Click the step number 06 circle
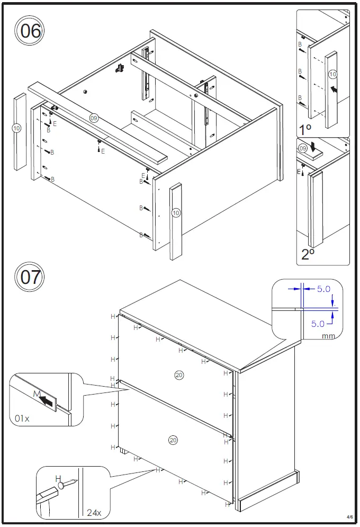(30, 31)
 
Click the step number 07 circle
(30, 277)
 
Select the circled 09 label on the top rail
(94, 118)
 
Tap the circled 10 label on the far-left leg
(16, 128)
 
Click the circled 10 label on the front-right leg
(176, 213)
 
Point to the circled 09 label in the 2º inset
(303, 149)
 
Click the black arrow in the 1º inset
(334, 90)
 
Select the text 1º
(305, 129)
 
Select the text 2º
(308, 254)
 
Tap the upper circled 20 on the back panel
(179, 375)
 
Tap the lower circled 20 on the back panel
(173, 440)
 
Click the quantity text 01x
(22, 418)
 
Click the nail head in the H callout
(61, 484)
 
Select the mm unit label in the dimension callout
(328, 336)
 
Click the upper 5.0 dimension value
(323, 289)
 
